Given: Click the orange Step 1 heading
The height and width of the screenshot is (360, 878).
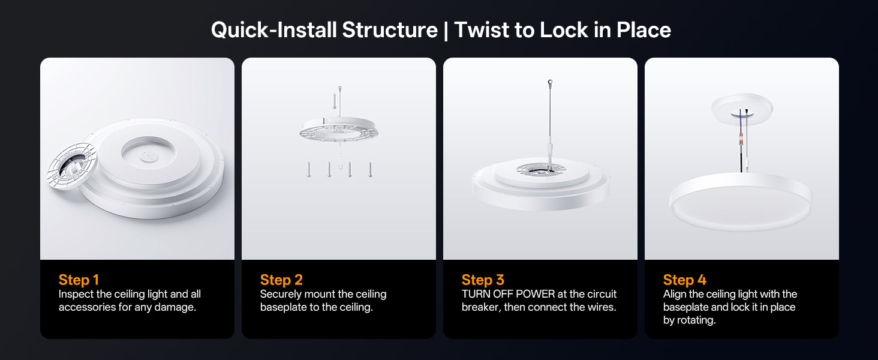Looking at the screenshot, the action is pyautogui.click(x=79, y=280).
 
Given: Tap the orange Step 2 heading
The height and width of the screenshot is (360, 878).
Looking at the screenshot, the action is pyautogui.click(x=281, y=280).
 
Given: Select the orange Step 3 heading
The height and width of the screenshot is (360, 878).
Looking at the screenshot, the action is pyautogui.click(x=483, y=280).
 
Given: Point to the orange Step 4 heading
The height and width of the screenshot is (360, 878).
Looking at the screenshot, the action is pyautogui.click(x=684, y=280).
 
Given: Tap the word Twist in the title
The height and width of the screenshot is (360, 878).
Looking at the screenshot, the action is pyautogui.click(x=481, y=30).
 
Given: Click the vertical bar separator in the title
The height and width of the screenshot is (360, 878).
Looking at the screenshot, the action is pyautogui.click(x=446, y=30).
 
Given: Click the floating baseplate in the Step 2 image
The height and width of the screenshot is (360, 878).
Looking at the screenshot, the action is pyautogui.click(x=339, y=130).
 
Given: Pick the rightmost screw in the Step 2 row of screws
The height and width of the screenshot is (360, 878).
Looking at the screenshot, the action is pyautogui.click(x=370, y=170).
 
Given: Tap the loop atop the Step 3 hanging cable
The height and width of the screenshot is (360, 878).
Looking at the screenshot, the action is pyautogui.click(x=551, y=82).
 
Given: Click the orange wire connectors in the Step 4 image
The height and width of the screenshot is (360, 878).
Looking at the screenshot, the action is pyautogui.click(x=741, y=140).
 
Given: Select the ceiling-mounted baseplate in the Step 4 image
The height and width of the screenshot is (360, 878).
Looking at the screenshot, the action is pyautogui.click(x=742, y=109).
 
